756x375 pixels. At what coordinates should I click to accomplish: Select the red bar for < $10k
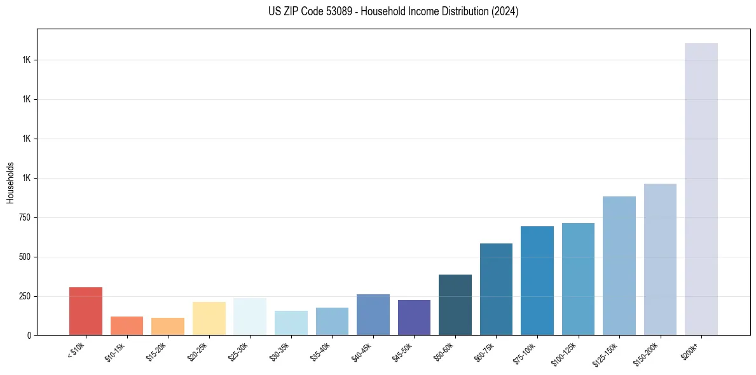(x=86, y=311)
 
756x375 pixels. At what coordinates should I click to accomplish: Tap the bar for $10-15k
(x=127, y=325)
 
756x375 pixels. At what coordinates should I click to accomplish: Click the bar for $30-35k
(x=291, y=323)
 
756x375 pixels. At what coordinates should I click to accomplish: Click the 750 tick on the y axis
(x=25, y=217)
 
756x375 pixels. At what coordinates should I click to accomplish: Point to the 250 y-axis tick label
(x=25, y=296)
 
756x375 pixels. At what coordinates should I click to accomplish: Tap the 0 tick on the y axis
(x=29, y=336)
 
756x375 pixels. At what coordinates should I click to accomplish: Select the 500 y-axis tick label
(x=25, y=257)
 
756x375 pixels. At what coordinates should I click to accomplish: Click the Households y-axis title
(x=11, y=182)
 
